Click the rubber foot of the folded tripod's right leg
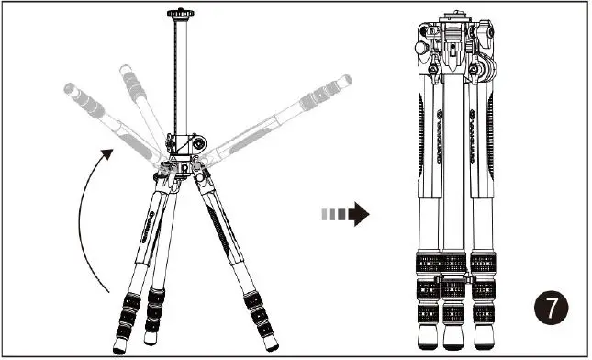point(484,338)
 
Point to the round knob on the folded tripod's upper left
point(419,46)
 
